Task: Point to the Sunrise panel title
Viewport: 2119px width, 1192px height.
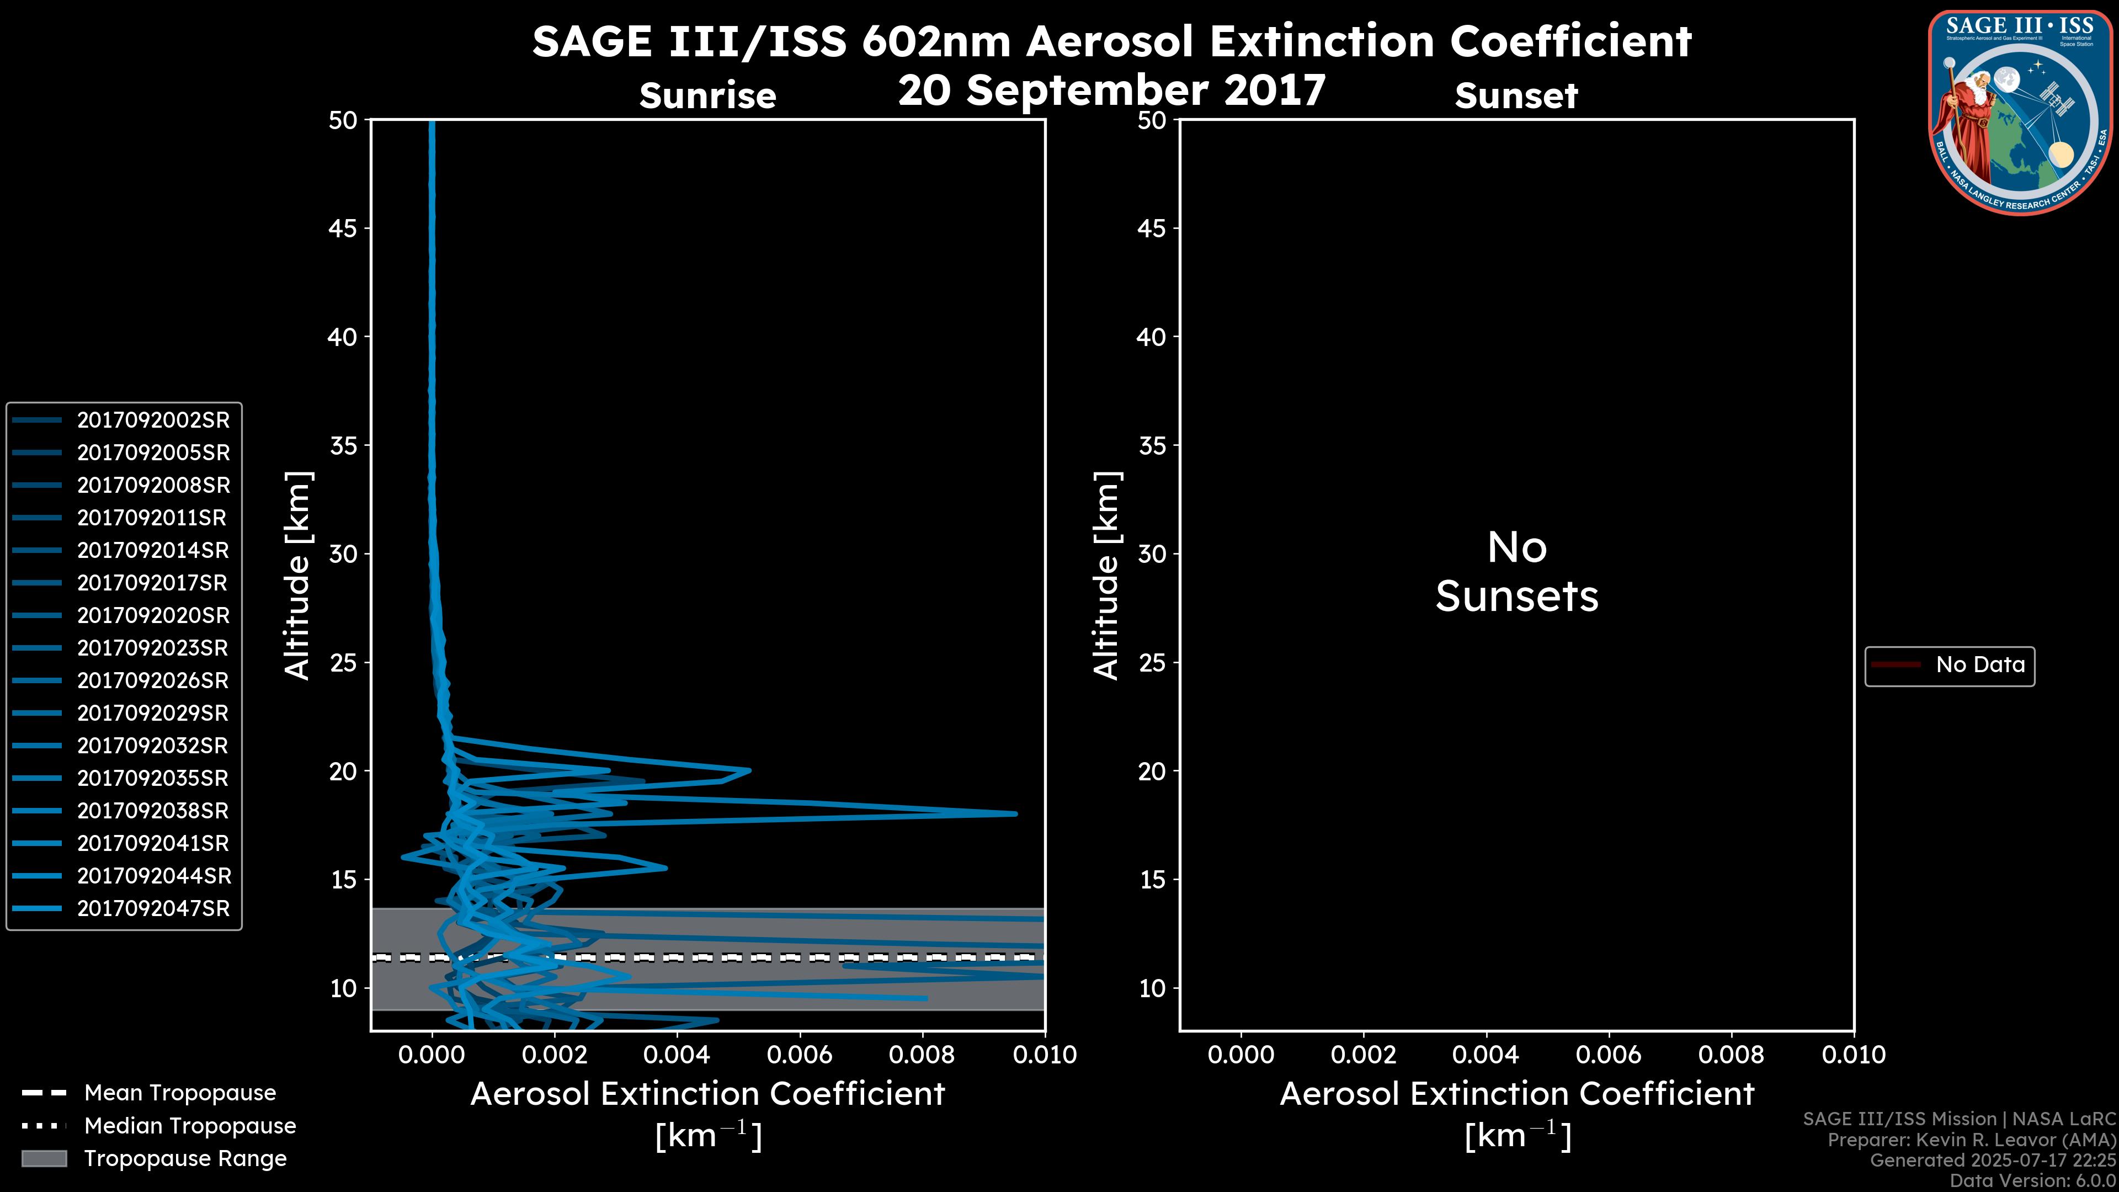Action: tap(707, 96)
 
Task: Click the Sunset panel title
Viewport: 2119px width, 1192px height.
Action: tap(1516, 96)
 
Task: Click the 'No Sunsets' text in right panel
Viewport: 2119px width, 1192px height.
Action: tap(1516, 573)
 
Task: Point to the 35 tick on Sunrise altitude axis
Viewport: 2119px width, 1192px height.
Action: tap(344, 446)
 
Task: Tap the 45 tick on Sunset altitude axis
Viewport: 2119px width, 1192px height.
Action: tap(1152, 228)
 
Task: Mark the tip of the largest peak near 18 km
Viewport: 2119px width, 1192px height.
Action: tap(1016, 813)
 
